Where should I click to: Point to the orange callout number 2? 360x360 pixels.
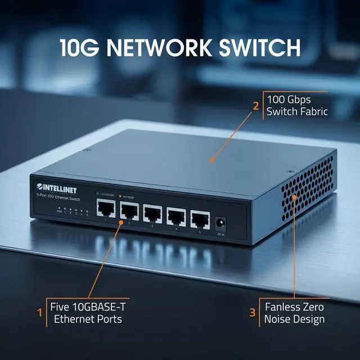[255, 105]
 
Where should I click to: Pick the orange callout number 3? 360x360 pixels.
[253, 313]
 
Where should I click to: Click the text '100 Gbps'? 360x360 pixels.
[288, 100]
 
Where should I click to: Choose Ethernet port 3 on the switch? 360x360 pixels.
[152, 214]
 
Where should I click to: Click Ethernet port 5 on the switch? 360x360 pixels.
[199, 217]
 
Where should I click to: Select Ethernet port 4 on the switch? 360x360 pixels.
[176, 215]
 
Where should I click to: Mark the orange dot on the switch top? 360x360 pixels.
[212, 160]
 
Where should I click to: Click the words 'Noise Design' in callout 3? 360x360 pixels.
[295, 319]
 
